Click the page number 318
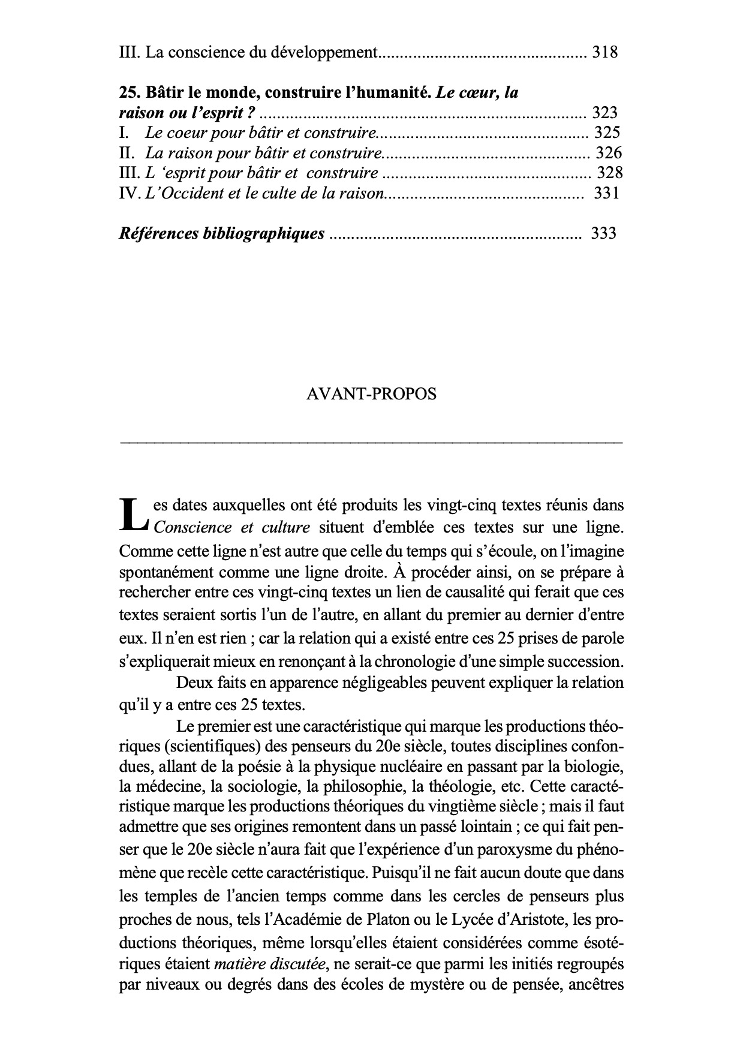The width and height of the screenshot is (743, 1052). click(x=604, y=53)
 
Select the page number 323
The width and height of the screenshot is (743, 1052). click(x=604, y=112)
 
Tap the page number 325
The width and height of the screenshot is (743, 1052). click(x=607, y=133)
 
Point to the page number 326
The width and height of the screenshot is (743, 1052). click(x=609, y=153)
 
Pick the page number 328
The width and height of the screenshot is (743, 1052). click(x=609, y=173)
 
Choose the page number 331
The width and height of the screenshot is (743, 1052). click(x=606, y=193)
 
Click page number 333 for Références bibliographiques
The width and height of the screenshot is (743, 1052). click(x=603, y=233)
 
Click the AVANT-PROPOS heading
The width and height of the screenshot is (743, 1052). click(x=371, y=394)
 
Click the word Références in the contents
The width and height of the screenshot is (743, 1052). click(x=158, y=233)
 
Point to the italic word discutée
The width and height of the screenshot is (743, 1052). click(x=297, y=964)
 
